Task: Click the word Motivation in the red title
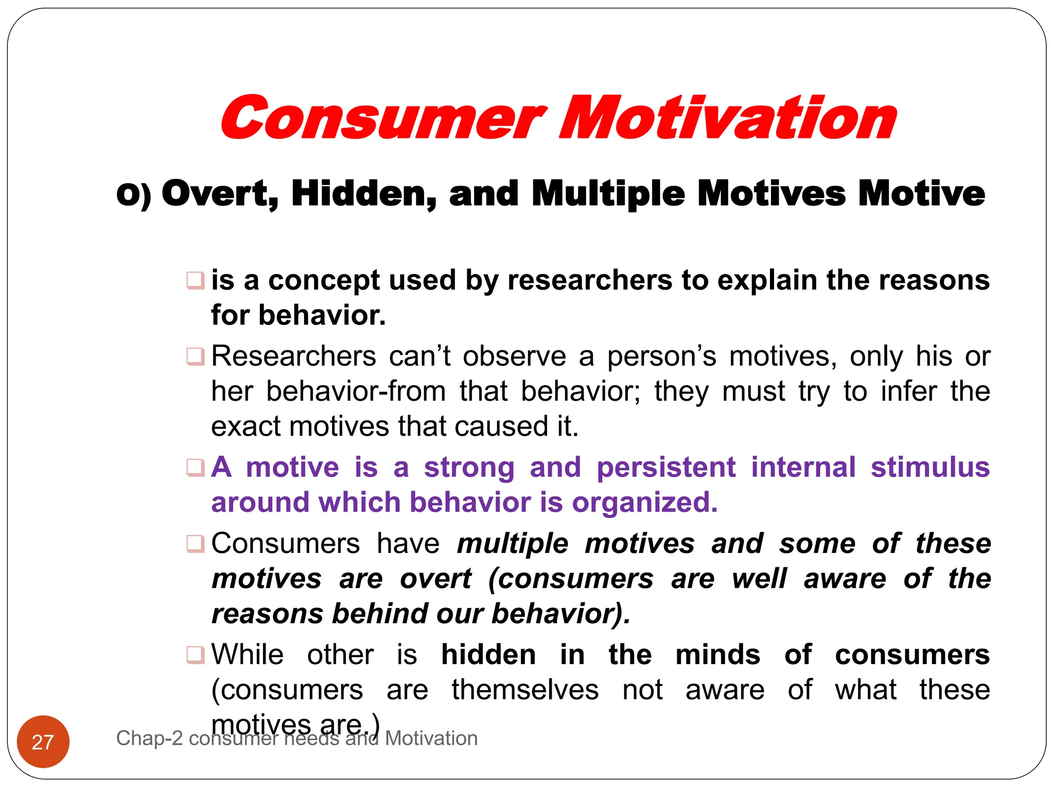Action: coord(728,119)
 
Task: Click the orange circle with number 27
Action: coord(43,742)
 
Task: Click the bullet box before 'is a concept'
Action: coord(196,281)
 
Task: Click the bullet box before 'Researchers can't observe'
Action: coord(196,356)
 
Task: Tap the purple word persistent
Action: coord(666,468)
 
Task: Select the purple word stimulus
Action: coord(930,468)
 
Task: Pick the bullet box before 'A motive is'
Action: coord(196,468)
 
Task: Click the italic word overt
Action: coord(435,579)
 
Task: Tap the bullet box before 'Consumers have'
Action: coord(196,544)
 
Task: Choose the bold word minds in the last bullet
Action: coord(717,655)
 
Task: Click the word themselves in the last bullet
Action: coord(525,690)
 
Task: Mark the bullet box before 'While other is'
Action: coord(196,655)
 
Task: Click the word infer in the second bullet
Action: coord(908,391)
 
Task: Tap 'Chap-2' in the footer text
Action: coord(149,739)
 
